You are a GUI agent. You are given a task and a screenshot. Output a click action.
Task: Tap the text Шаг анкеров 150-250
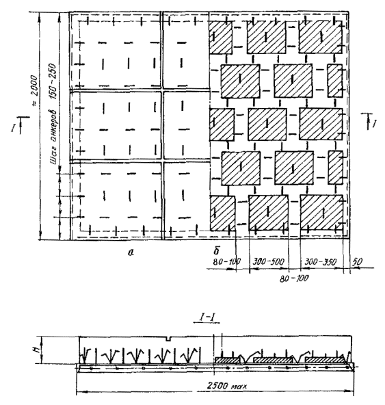[x=53, y=114]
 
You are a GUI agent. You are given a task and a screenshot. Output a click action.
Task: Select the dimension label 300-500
[x=268, y=261]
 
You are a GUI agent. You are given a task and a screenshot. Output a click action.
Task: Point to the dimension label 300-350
[x=321, y=262]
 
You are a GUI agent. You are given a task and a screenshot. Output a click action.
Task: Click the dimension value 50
[x=358, y=261]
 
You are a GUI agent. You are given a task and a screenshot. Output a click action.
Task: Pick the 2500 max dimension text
[x=227, y=386]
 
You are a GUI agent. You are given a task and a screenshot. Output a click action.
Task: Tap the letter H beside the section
[x=38, y=350]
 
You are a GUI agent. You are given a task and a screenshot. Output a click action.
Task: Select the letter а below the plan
[x=131, y=252]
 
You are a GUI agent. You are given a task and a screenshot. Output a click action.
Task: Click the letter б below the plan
[x=216, y=250]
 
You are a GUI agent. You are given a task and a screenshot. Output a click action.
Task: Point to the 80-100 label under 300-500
[x=294, y=278]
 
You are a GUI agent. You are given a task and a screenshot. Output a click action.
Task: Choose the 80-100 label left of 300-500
[x=227, y=261]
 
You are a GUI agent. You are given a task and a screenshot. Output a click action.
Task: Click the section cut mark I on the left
[x=13, y=128]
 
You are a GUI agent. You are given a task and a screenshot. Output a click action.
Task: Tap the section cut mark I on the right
[x=373, y=123]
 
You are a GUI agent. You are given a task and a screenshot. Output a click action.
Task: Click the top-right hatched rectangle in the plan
[x=321, y=37]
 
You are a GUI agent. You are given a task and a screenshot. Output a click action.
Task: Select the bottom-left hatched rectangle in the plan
[x=222, y=213]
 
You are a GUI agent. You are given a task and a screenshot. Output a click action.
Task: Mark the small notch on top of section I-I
[x=169, y=339]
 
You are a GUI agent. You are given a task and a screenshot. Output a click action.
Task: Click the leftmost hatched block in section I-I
[x=228, y=360]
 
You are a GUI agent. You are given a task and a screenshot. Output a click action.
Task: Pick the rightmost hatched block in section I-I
[x=326, y=360]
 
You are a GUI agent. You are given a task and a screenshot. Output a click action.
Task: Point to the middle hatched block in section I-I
[x=273, y=360]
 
